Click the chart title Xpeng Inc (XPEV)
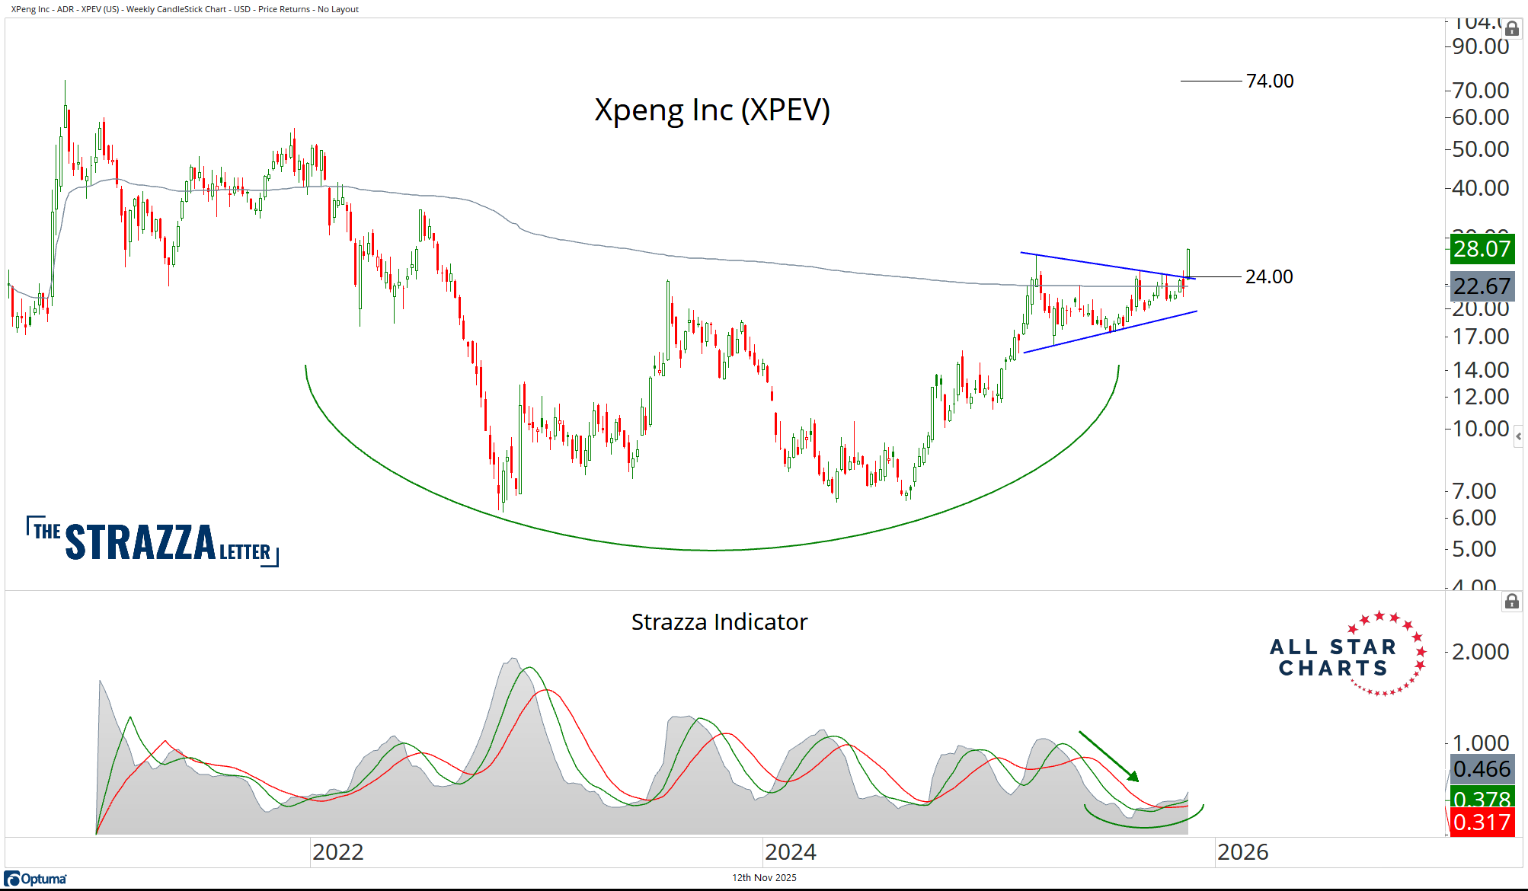711,110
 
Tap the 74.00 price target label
1270,81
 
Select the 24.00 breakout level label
1269,276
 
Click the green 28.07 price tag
1481,249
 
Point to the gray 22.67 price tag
1481,286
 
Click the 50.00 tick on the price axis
1480,149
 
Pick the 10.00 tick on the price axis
1480,429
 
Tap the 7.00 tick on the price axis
1474,491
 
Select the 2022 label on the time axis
338,851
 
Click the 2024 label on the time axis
791,851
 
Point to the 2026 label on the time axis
1242,851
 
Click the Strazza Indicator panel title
719,622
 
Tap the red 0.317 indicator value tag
1481,822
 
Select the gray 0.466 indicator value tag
1481,769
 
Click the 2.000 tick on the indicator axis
1480,652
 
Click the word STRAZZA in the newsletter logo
141,542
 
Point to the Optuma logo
36,879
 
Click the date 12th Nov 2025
764,877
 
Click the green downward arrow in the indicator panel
1108,756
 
